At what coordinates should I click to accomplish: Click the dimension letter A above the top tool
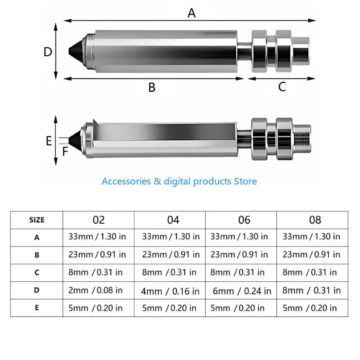point(192,13)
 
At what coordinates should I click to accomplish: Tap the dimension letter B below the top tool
point(152,87)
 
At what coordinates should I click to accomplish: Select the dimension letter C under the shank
point(282,87)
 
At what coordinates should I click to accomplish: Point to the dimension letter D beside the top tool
point(48,52)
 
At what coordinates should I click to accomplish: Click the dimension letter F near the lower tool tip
point(65,152)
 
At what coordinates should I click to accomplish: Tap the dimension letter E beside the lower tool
point(49,141)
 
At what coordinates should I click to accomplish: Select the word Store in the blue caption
point(245,181)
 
